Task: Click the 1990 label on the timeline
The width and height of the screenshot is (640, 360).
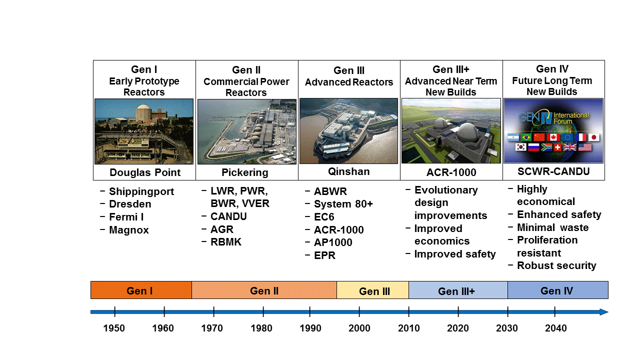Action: pos(310,328)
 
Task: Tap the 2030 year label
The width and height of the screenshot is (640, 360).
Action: pos(506,328)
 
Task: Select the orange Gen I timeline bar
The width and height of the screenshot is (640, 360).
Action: pos(141,290)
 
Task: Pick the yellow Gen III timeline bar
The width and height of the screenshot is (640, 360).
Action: pos(372,290)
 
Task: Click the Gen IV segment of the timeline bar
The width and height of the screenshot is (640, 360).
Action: pos(557,290)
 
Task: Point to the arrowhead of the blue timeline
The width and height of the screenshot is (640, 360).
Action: pos(603,312)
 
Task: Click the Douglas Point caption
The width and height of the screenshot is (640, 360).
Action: pos(145,172)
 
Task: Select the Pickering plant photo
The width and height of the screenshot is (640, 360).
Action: pos(247,131)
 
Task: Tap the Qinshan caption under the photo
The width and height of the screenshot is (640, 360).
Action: pos(348,171)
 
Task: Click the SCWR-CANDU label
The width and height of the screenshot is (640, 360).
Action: pos(553,171)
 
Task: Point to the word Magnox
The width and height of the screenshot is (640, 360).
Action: pos(129,230)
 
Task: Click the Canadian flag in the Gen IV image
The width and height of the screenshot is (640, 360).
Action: pos(553,137)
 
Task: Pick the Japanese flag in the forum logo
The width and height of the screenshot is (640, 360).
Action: pos(593,137)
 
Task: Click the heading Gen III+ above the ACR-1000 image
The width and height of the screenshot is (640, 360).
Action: pos(451,69)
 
